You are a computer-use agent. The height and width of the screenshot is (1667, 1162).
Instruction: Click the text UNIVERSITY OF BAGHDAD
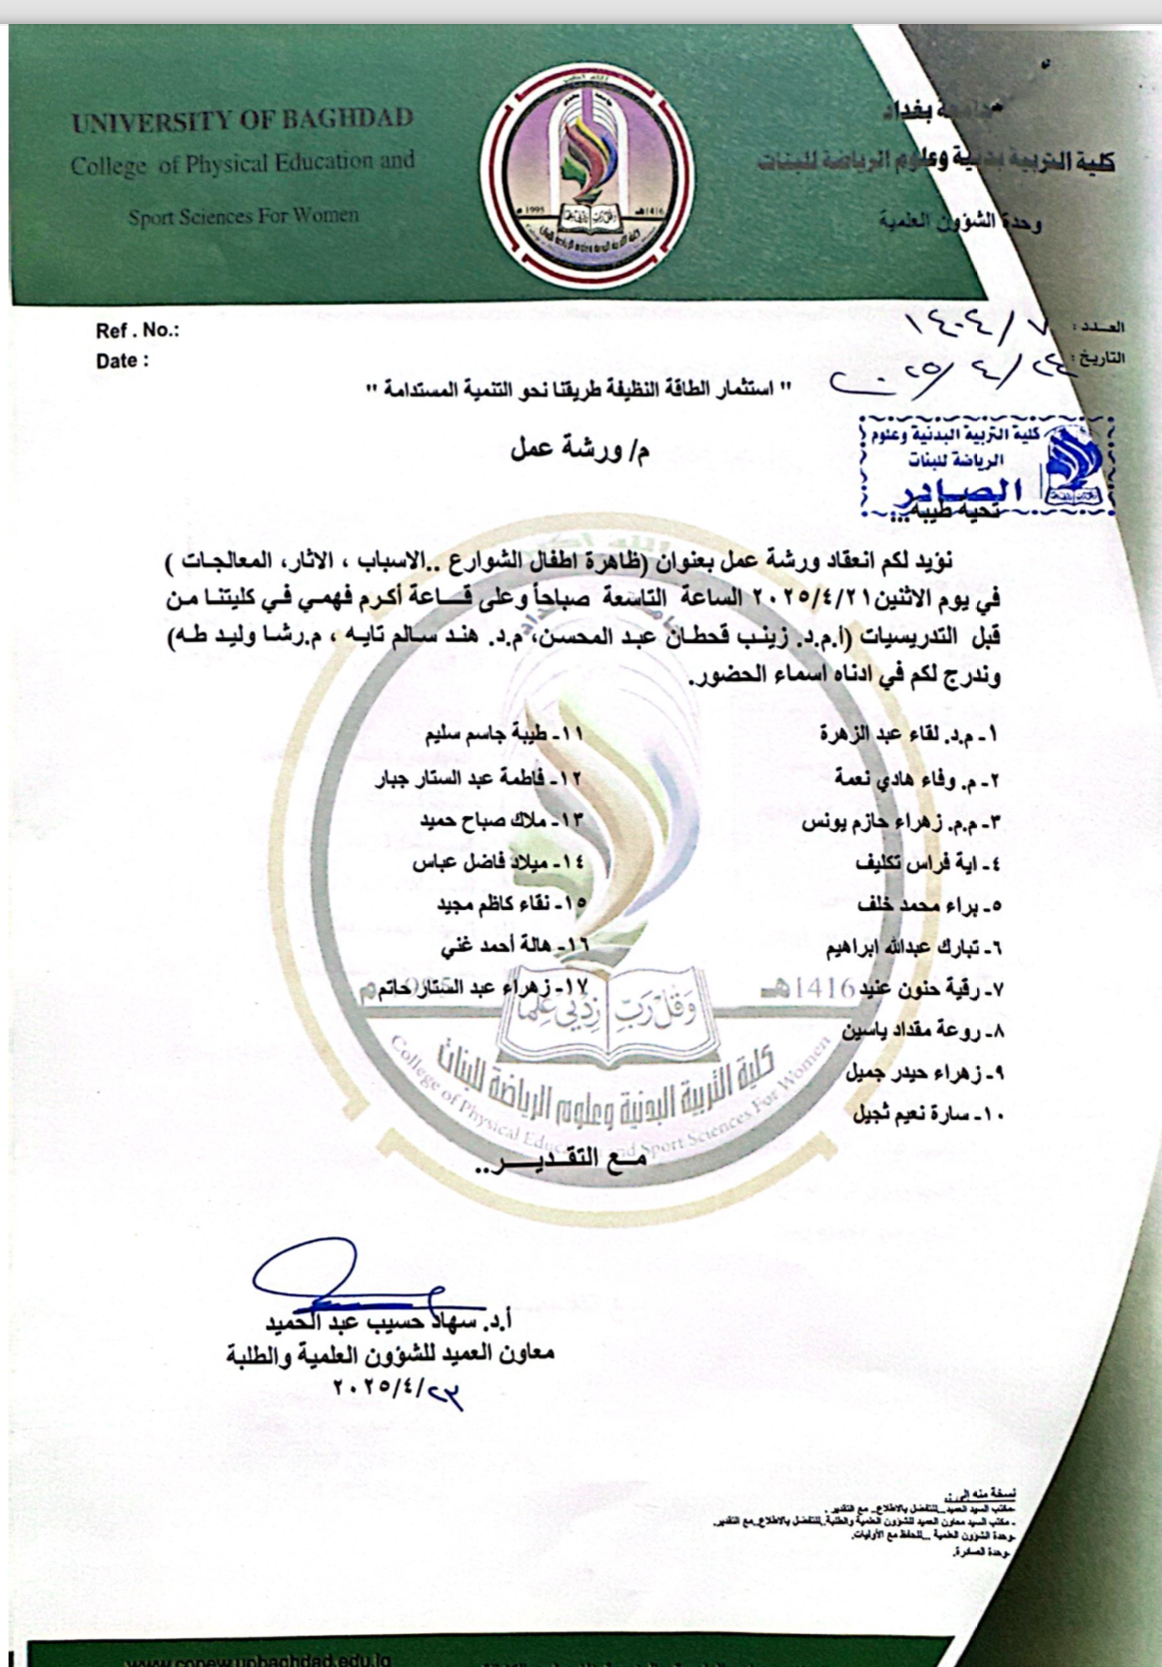(242, 122)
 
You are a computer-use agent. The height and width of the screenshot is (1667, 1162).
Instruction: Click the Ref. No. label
(137, 331)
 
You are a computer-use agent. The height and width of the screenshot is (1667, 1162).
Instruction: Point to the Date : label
(122, 362)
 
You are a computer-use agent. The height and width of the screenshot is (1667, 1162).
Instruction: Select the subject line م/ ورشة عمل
(580, 451)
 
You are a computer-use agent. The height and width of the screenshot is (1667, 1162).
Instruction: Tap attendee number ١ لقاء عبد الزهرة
(908, 734)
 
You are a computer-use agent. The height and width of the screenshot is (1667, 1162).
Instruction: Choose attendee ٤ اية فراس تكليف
(928, 864)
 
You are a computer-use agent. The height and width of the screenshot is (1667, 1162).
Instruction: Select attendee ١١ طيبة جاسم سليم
(504, 734)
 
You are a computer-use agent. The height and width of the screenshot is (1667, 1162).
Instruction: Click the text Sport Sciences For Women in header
(242, 216)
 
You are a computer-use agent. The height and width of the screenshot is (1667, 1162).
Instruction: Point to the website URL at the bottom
(260, 1659)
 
